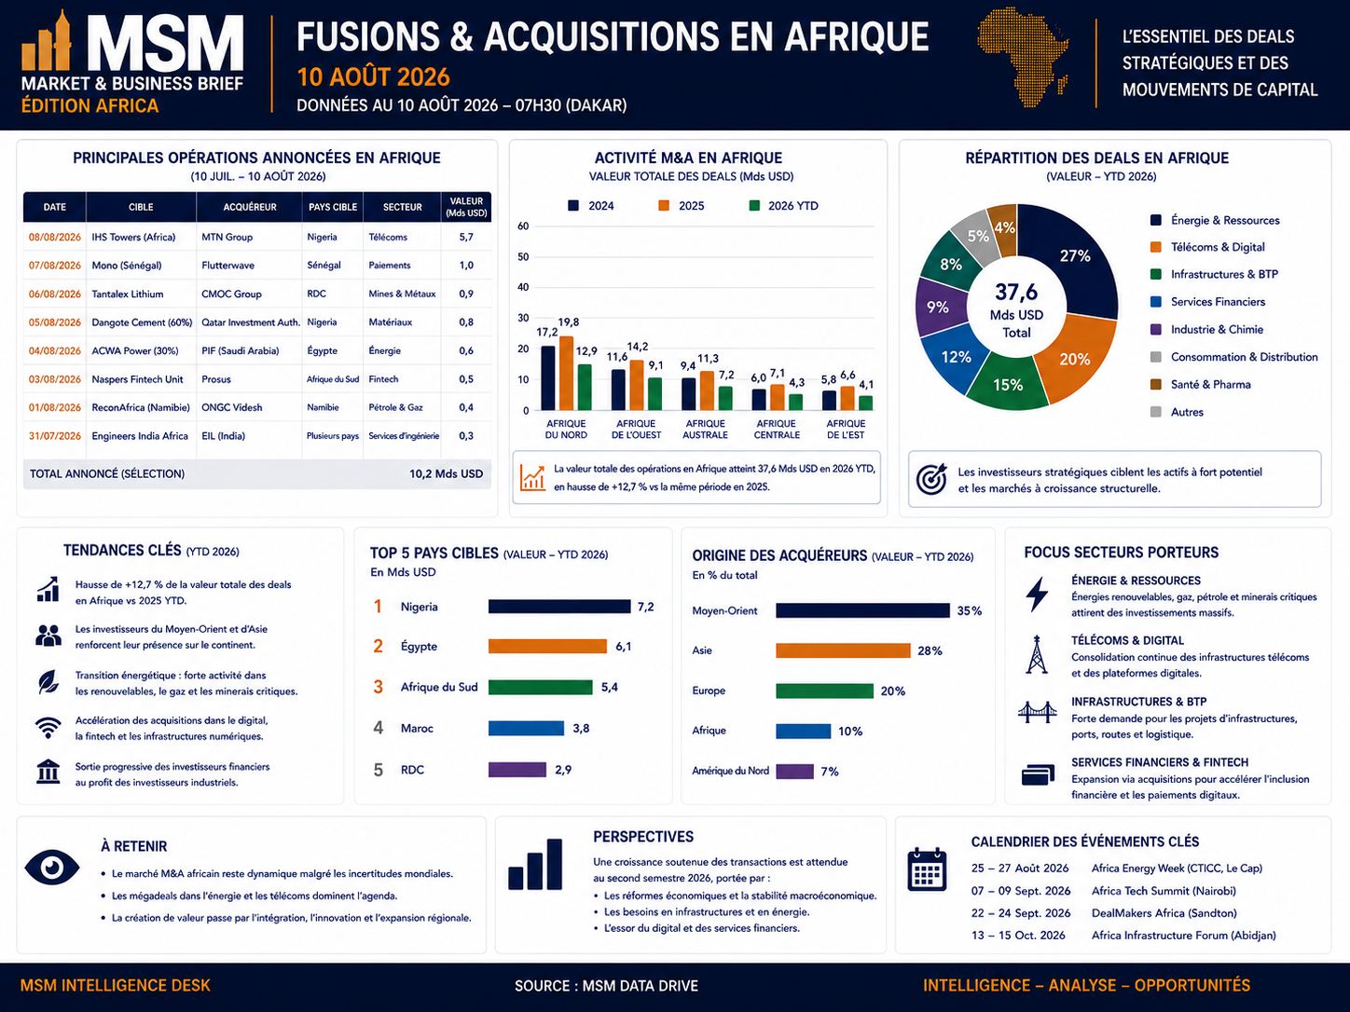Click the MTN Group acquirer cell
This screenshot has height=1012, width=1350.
(x=227, y=238)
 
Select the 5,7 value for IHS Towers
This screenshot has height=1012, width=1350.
(x=466, y=238)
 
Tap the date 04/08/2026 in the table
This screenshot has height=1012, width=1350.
(x=55, y=351)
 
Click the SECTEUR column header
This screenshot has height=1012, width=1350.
(x=402, y=207)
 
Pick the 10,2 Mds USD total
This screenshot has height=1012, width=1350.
(x=446, y=473)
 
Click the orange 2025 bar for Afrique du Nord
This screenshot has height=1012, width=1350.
(x=567, y=373)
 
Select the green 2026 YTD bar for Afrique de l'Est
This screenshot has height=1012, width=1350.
(x=866, y=403)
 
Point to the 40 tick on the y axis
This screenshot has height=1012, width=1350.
(x=523, y=287)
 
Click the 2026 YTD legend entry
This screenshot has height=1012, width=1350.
(x=783, y=206)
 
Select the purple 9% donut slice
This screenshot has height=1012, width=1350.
(x=937, y=307)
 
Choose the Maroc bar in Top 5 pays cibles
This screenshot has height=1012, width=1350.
(x=526, y=728)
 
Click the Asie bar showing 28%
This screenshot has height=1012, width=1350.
(x=843, y=650)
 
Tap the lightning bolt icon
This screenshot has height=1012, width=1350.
(x=1037, y=595)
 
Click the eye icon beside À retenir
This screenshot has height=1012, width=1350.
(x=51, y=868)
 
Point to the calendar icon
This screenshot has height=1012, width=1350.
(x=927, y=869)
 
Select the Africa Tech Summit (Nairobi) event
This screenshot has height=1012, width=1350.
(x=1164, y=891)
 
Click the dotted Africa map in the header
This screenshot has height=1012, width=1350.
(x=1022, y=57)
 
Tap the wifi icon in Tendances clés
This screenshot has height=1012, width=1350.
(x=48, y=728)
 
